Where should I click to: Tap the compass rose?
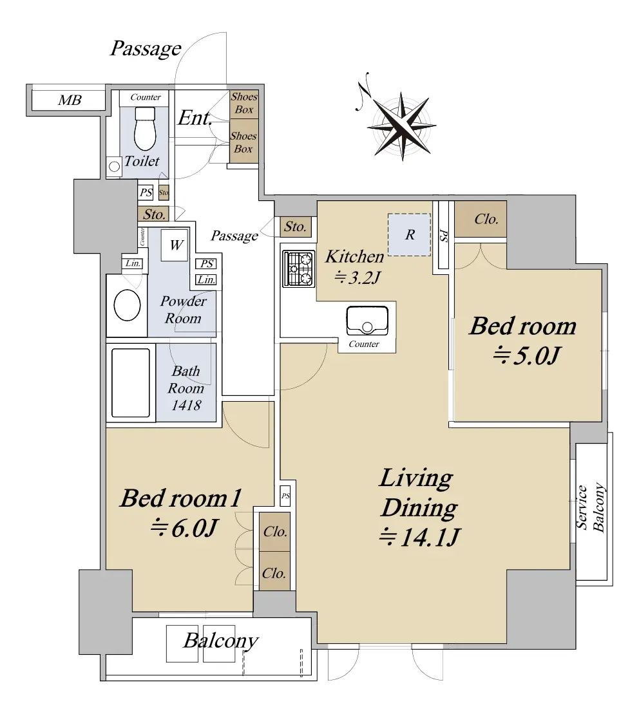(x=401, y=125)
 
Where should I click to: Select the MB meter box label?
(x=70, y=100)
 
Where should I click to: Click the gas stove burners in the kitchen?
(x=298, y=268)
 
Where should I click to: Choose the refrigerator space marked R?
(x=409, y=234)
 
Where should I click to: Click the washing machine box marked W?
(x=175, y=245)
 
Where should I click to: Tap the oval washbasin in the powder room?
(x=127, y=306)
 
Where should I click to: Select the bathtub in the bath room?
(x=131, y=383)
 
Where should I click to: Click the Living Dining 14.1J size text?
(x=420, y=538)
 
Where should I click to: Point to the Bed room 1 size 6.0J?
(x=184, y=528)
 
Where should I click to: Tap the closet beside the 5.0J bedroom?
(x=481, y=219)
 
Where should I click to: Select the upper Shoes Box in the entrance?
(x=243, y=104)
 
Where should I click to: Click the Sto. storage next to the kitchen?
(x=295, y=227)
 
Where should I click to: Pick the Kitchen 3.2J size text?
(x=358, y=277)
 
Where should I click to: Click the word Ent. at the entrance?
(x=195, y=118)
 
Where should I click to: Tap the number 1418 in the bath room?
(x=186, y=405)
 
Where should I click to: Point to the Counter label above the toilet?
(x=146, y=97)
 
